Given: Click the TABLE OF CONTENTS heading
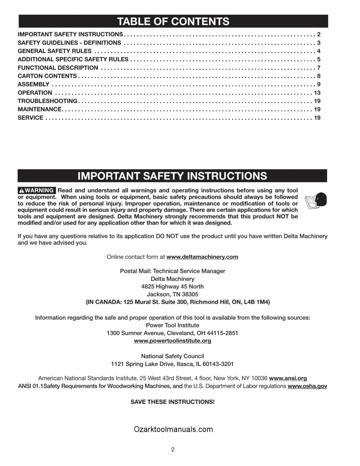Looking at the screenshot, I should pyautogui.click(x=173, y=21).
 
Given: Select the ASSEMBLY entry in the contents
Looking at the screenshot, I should pyautogui.click(x=34, y=84).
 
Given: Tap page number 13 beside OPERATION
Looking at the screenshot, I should pyautogui.click(x=317, y=93).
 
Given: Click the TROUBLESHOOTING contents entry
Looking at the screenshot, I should pyautogui.click(x=47, y=101).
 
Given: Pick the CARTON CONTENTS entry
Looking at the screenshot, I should pyautogui.click(x=47, y=76).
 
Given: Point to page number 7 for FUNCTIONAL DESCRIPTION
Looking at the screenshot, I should pyautogui.click(x=318, y=68).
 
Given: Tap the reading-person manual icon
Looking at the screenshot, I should pyautogui.click(x=315, y=201).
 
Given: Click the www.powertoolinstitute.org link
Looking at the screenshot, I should pyautogui.click(x=172, y=341).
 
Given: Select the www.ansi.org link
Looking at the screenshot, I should pyautogui.click(x=288, y=378).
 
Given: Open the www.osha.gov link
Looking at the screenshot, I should pyautogui.click(x=307, y=386).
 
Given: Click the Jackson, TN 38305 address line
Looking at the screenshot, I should pyautogui.click(x=172, y=294).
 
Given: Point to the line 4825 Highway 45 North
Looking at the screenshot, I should pyautogui.click(x=172, y=287).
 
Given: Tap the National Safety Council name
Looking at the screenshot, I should pyautogui.click(x=172, y=356).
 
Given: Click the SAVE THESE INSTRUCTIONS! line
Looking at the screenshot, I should pyautogui.click(x=172, y=402).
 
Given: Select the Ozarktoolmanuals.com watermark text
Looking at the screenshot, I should pyautogui.click(x=173, y=429).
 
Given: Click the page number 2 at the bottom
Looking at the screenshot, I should pyautogui.click(x=173, y=450).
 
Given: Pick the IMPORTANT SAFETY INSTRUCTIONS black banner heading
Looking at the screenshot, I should pyautogui.click(x=172, y=176).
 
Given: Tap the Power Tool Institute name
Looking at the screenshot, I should pyautogui.click(x=172, y=325).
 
